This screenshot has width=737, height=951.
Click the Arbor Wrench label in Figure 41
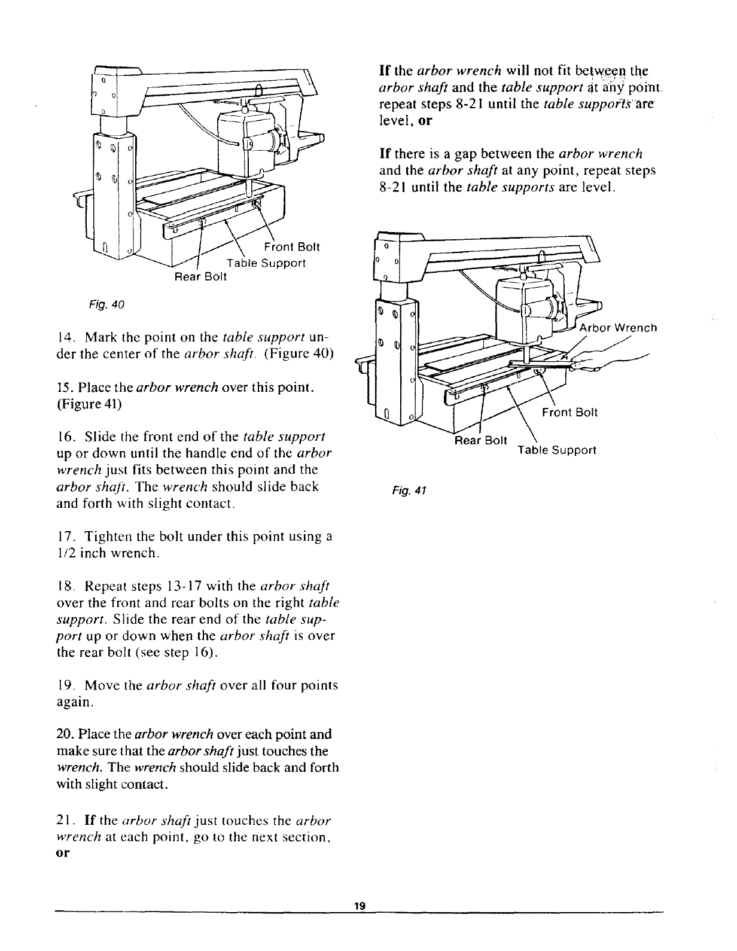[619, 328]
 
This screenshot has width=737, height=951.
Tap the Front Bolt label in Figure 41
[569, 412]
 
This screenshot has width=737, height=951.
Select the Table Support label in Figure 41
[556, 450]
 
